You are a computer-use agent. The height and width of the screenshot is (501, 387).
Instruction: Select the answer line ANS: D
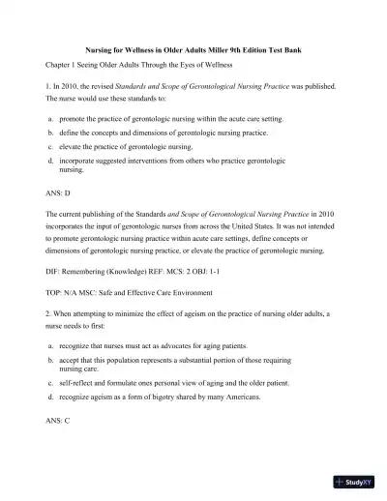59,193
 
